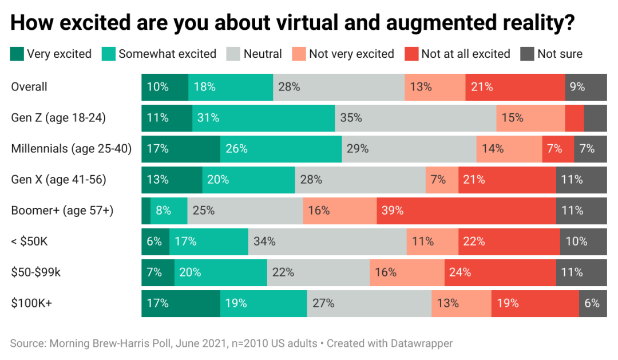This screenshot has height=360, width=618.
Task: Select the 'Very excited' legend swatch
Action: pos(17,54)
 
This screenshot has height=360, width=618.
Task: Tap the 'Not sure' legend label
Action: pos(560,54)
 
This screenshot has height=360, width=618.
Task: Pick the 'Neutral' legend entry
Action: pos(263,54)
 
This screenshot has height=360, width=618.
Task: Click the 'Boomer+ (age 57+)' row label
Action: pos(62,211)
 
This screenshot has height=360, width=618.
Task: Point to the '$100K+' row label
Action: pos(31,303)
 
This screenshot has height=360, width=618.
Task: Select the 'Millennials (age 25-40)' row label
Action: pos(72,149)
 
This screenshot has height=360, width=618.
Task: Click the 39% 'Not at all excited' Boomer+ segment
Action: pos(466,211)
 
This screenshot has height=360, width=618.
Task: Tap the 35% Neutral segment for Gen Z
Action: pos(415,118)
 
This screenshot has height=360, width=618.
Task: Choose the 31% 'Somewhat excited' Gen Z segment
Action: pos(263,118)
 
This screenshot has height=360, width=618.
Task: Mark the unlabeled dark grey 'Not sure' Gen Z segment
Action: pos(596,118)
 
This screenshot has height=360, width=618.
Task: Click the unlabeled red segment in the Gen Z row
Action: pos(575,118)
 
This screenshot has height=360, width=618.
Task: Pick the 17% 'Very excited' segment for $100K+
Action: pos(181,303)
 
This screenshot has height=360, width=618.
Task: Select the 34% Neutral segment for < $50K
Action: pos(327,242)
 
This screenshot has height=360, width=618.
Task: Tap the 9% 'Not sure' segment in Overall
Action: pos(586,87)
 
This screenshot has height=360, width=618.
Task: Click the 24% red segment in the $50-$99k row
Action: pos(500,272)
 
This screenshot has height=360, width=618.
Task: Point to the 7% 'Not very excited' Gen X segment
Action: pos(442,180)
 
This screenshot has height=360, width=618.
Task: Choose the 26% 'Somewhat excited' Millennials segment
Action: pos(281,149)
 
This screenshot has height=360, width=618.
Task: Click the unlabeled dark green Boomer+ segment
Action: pos(146,211)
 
